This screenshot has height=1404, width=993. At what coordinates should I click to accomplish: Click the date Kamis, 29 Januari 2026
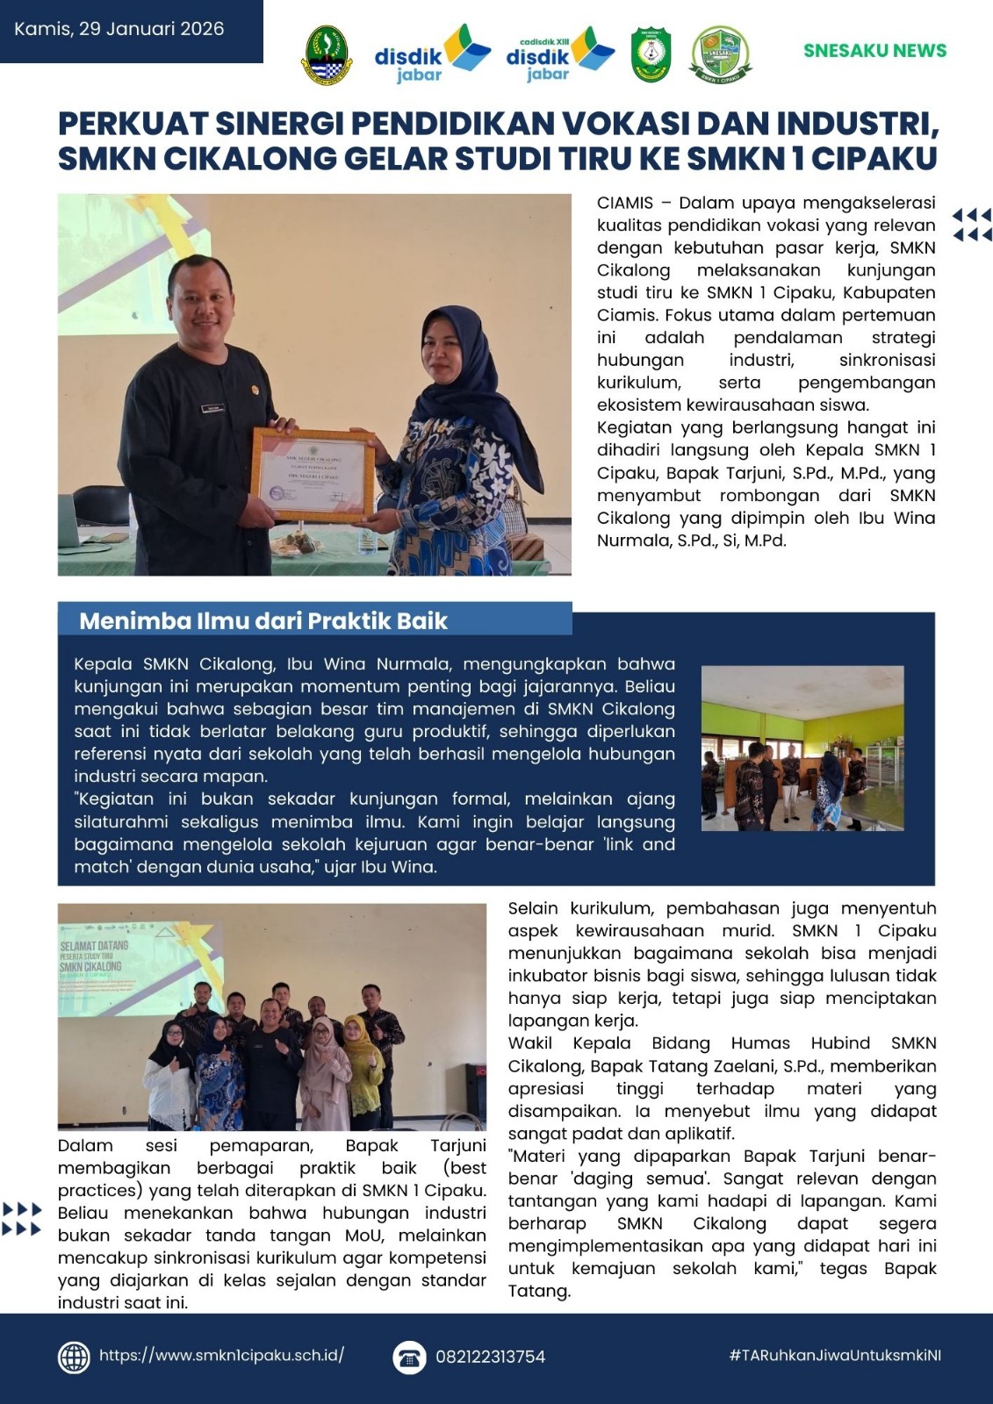click(119, 29)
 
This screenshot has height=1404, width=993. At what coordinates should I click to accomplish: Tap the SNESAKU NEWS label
click(874, 51)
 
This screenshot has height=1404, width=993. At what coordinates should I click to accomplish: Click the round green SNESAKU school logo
click(720, 54)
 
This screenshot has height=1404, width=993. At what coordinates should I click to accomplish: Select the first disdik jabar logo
click(431, 54)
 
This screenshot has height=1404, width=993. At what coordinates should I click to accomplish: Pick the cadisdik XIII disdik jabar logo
click(559, 54)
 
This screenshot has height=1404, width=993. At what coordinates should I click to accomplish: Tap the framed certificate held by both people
click(312, 474)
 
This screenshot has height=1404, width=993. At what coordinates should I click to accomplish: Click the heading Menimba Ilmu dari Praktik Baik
click(263, 621)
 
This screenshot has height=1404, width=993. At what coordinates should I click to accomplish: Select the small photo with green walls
click(802, 748)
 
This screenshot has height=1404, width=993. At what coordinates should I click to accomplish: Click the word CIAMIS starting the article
click(625, 204)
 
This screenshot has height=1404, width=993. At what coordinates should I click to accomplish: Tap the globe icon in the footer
click(74, 1357)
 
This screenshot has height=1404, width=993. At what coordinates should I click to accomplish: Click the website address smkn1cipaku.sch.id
click(221, 1355)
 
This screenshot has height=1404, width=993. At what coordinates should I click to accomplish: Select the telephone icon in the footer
click(408, 1357)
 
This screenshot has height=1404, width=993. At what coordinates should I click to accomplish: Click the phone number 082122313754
click(490, 1357)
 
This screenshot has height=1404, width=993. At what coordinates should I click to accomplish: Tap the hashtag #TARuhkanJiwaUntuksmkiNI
click(834, 1355)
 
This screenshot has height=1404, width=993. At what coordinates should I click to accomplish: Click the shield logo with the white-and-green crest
click(651, 54)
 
